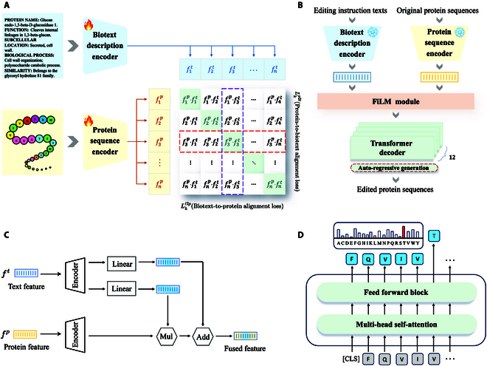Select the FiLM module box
point(398,100)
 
